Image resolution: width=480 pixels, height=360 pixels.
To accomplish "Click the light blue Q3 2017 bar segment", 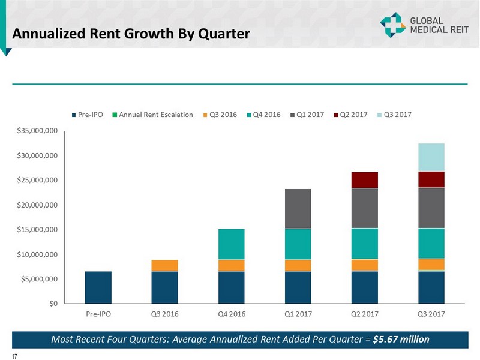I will (x=431, y=157).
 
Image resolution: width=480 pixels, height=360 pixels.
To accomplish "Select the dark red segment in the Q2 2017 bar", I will (x=364, y=180).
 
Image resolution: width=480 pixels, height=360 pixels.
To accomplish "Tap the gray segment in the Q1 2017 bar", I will (x=298, y=209).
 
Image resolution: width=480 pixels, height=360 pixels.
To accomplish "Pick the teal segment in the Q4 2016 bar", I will (x=231, y=244).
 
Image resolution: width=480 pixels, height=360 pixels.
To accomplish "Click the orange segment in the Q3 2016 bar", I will (x=164, y=265).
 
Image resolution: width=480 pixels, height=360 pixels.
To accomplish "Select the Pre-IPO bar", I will (x=98, y=287).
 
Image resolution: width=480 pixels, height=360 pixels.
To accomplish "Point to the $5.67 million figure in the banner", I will (x=401, y=339).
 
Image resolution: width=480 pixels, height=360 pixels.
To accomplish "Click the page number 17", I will (x=14, y=356).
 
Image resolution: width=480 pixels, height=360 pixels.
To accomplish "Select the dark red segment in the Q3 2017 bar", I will (x=431, y=179).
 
